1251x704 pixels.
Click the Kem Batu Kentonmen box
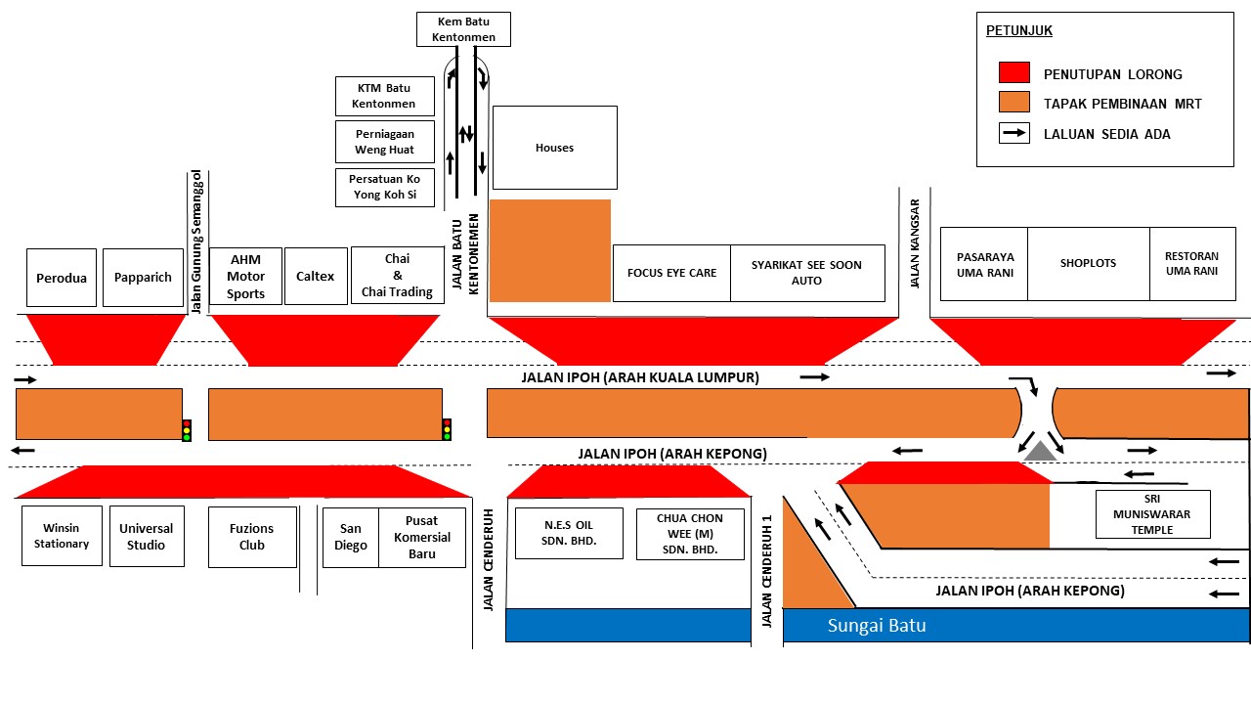click(463, 29)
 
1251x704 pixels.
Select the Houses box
click(554, 148)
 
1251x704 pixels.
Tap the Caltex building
click(316, 276)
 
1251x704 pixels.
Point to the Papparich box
click(143, 277)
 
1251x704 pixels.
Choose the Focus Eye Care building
click(671, 273)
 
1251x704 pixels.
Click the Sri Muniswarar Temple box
click(1152, 514)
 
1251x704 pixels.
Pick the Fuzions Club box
click(252, 537)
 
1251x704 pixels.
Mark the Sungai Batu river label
click(877, 625)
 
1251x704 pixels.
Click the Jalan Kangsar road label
click(914, 243)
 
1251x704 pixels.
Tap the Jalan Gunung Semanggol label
click(196, 242)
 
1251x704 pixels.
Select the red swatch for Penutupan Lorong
click(1014, 72)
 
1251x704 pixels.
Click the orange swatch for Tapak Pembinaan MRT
click(1014, 103)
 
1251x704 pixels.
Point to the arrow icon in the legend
click(1014, 133)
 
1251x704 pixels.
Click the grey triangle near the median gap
click(1040, 452)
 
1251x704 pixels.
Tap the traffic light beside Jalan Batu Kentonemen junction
click(447, 429)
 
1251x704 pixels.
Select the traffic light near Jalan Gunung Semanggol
click(187, 431)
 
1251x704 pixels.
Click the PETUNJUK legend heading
click(1018, 30)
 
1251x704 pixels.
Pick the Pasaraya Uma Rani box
click(984, 264)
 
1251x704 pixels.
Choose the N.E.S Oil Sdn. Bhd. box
click(569, 533)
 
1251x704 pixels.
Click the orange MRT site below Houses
click(550, 251)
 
